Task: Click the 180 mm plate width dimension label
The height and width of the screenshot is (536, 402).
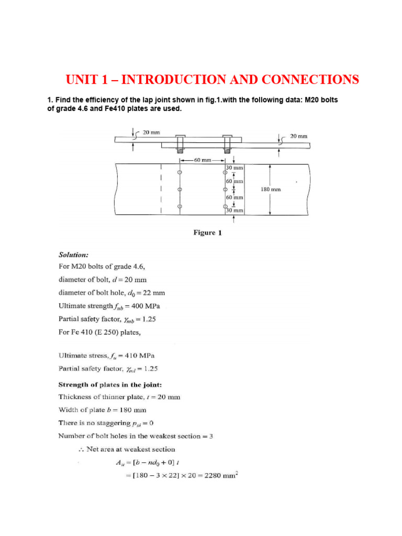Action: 270,189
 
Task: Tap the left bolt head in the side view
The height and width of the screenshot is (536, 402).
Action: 180,139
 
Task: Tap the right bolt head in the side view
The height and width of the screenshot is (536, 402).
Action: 227,139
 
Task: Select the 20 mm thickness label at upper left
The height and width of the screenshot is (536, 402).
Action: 152,132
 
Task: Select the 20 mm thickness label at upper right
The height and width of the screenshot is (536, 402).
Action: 298,136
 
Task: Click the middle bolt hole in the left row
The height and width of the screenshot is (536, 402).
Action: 180,189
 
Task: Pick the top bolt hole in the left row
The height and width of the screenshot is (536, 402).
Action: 180,172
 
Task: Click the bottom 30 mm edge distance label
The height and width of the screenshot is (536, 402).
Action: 235,210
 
